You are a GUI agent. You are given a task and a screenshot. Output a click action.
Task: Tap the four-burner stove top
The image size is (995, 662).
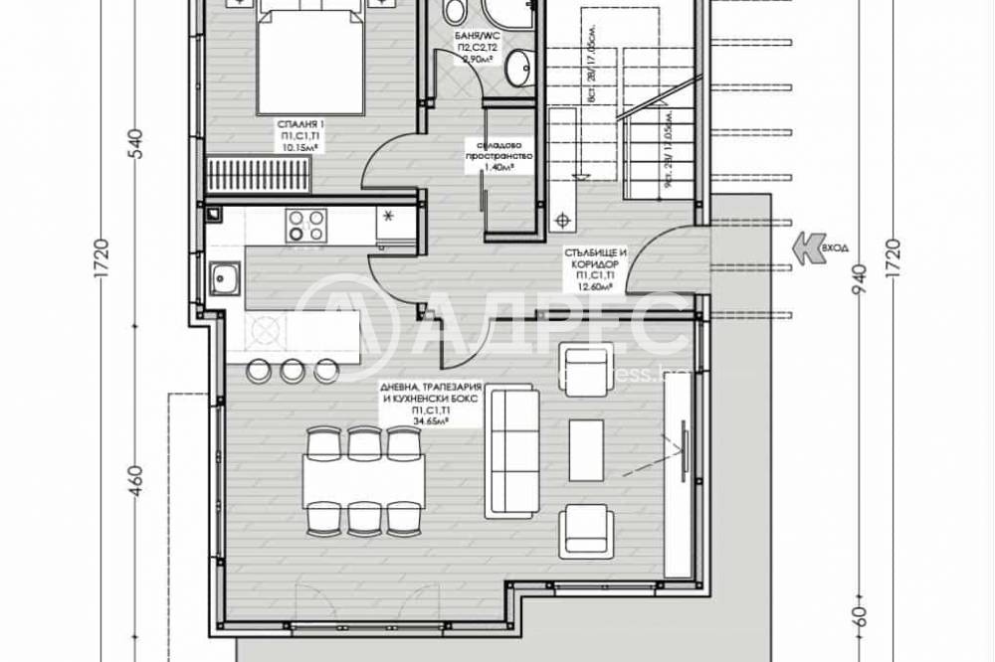pyautogui.click(x=305, y=224)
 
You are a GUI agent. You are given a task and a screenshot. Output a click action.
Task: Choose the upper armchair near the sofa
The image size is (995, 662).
pyautogui.click(x=584, y=368)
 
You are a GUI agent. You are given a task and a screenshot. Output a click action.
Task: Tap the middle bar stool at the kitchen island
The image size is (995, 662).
pyautogui.click(x=293, y=370)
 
